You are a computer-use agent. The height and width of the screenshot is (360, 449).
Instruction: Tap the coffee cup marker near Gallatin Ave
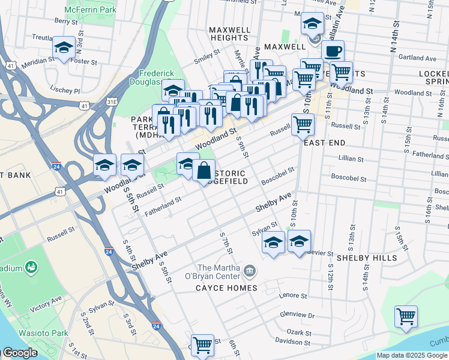[x=333, y=52]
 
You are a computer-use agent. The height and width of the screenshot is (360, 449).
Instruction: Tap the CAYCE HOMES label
[x=226, y=288]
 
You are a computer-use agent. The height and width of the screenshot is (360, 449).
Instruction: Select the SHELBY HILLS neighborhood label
[x=366, y=258]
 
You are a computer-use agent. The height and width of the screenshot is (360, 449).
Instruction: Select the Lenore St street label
[x=294, y=296]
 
